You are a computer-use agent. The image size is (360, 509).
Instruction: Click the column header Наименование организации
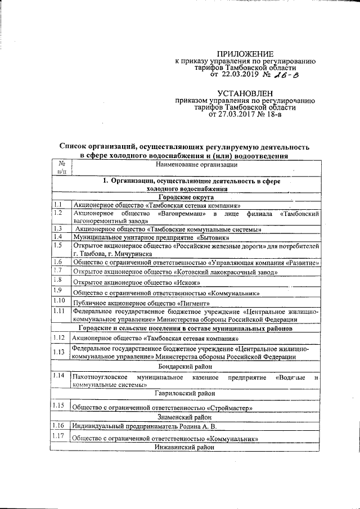pos(197,165)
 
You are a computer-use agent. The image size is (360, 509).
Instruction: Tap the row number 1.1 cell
pos(58,205)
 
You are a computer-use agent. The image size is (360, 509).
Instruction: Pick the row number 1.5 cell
pos(58,245)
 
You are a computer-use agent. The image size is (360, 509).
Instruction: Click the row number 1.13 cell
pos(59,352)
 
